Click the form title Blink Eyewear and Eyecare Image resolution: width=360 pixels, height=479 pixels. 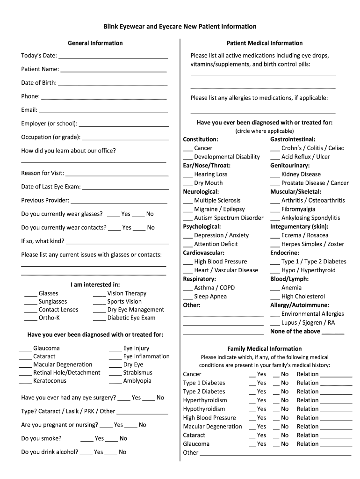pyautogui.click(x=180, y=27)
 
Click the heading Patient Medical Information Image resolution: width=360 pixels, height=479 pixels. pyautogui.click(x=264, y=43)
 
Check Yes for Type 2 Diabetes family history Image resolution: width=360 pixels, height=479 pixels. pyautogui.click(x=252, y=393)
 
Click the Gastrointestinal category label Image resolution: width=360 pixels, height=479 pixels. pyautogui.click(x=293, y=139)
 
